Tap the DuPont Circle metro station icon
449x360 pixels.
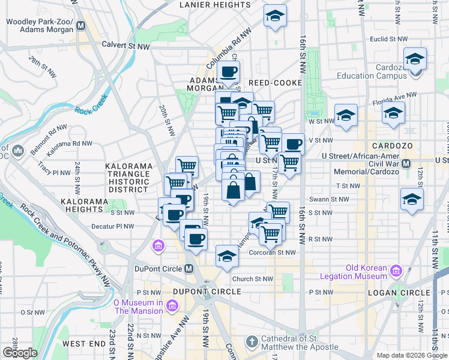point(188,269)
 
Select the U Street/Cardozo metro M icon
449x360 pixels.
point(406,163)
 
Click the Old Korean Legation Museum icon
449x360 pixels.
point(396,272)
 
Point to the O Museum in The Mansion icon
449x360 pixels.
point(171,307)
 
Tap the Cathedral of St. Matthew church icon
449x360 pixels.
point(252,343)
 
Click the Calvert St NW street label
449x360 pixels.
point(125,45)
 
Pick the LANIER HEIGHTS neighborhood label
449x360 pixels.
point(215,5)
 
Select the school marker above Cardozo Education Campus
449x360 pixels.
point(415,59)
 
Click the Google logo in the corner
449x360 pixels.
point(20,353)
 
